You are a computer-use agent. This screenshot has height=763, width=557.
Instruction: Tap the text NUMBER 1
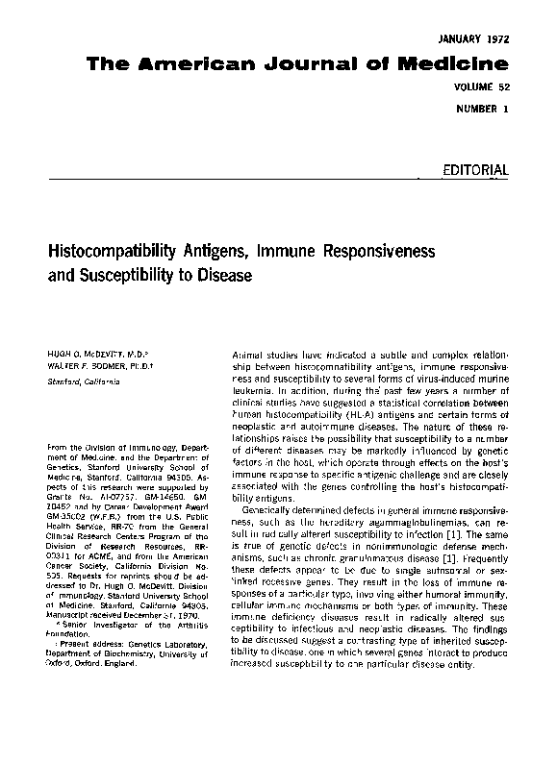coord(483,109)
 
